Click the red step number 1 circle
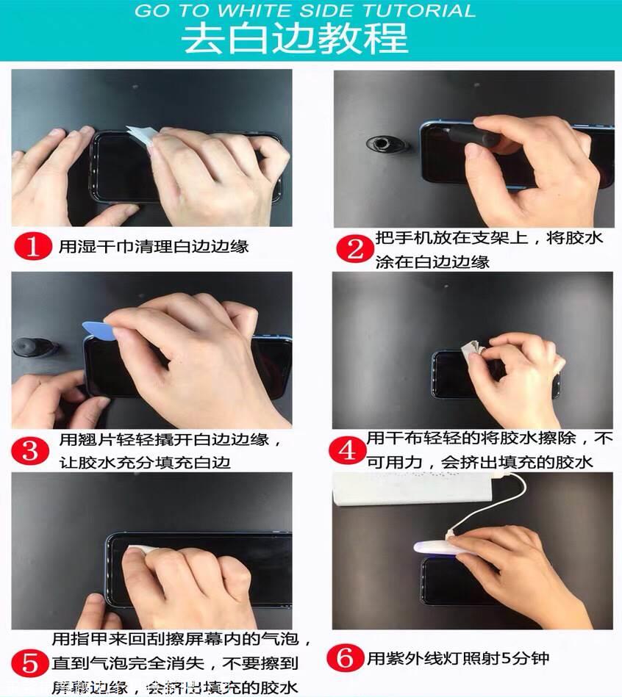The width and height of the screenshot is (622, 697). (x=33, y=245)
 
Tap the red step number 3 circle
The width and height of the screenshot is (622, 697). (x=30, y=449)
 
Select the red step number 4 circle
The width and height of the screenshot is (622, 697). (x=346, y=449)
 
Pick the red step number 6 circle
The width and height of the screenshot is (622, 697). (x=346, y=657)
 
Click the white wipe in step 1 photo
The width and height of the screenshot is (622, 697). (x=141, y=136)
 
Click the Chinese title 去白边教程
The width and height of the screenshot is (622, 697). (x=295, y=37)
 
